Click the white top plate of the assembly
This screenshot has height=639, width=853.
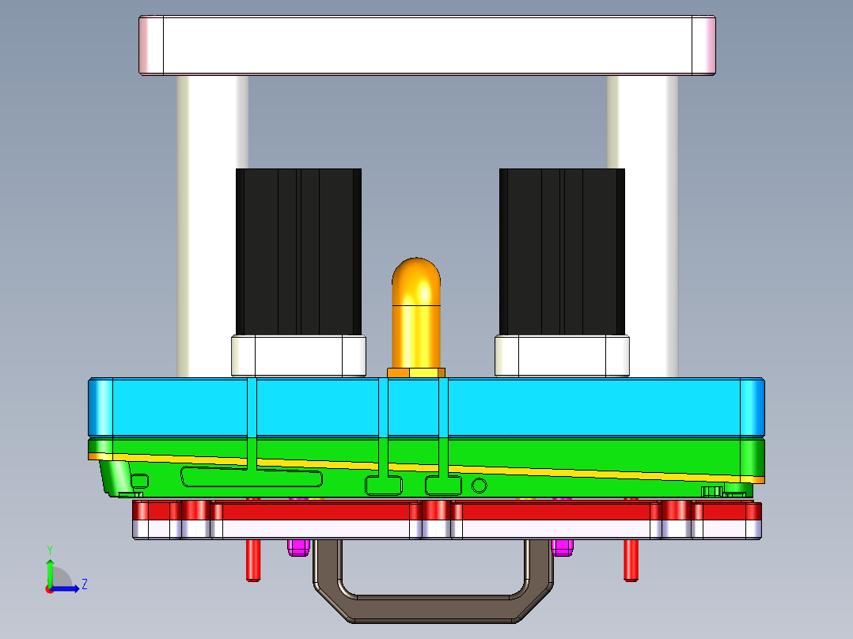click(x=427, y=45)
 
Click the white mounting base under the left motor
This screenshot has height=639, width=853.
click(x=298, y=356)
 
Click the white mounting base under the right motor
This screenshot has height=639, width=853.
click(x=562, y=356)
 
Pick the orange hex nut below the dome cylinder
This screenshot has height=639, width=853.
click(x=416, y=372)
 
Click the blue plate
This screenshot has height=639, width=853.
click(x=554, y=407)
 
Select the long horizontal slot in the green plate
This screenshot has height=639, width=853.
click(x=252, y=478)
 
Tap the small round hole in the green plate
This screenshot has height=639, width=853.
click(x=479, y=485)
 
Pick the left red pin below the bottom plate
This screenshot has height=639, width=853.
click(x=252, y=560)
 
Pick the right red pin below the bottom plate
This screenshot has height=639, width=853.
click(x=631, y=560)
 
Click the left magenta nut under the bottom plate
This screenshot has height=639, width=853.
click(x=298, y=547)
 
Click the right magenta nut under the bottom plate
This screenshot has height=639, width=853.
click(x=563, y=547)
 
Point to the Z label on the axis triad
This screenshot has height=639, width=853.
click(x=84, y=584)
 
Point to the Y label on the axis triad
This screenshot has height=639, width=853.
click(x=49, y=550)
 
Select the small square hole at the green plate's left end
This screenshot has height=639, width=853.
click(x=139, y=481)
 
